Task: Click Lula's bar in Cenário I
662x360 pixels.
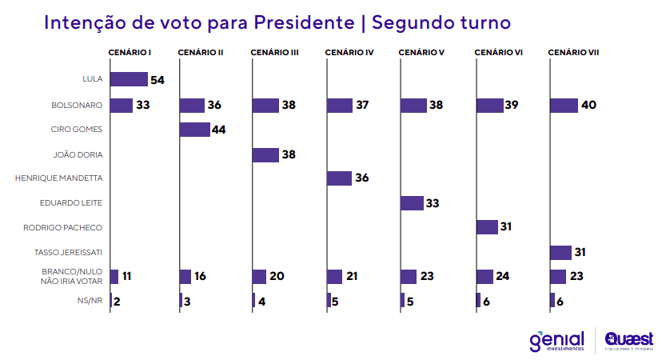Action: (129, 79)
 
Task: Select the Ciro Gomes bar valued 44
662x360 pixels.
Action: (194, 130)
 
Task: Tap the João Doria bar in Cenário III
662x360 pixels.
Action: (265, 154)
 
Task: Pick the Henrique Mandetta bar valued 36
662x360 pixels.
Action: (340, 178)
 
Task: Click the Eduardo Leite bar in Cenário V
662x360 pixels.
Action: (412, 203)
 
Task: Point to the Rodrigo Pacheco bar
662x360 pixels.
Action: (487, 227)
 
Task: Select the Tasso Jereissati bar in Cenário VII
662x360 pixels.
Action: (561, 253)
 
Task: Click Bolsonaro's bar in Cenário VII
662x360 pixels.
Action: (564, 106)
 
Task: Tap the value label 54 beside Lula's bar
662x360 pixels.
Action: (158, 80)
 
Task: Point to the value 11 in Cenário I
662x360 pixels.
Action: (127, 277)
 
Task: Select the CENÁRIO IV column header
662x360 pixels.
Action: (349, 53)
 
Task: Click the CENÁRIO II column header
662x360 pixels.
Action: (200, 53)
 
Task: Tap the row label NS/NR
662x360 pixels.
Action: (90, 301)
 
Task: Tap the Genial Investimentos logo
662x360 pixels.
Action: (557, 340)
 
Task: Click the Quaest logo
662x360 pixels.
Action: (628, 341)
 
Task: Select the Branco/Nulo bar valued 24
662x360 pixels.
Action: (485, 277)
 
